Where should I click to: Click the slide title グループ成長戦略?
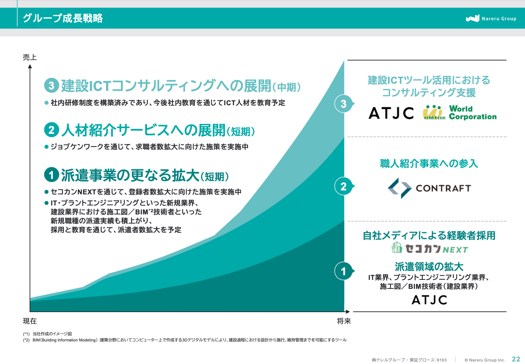(63, 18)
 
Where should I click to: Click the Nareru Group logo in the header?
(491, 18)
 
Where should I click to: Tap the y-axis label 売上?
(30, 57)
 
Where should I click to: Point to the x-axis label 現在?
(30, 321)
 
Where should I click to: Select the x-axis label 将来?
(344, 321)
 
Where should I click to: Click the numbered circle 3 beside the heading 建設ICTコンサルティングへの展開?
(51, 86)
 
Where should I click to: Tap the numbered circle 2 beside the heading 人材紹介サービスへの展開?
(51, 130)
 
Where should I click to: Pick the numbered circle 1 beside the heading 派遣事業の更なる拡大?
(51, 175)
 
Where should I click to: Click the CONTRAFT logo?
(430, 188)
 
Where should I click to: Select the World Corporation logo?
(460, 113)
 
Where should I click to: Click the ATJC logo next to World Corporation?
(391, 113)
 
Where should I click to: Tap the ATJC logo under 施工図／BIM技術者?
(430, 300)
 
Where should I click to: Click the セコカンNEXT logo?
(430, 248)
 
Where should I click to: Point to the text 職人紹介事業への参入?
(429, 164)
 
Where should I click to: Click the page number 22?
(516, 359)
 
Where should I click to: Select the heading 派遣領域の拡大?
(429, 266)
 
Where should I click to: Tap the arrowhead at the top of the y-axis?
(30, 67)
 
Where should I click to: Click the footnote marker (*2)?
(26, 340)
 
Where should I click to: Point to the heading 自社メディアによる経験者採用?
(429, 236)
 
